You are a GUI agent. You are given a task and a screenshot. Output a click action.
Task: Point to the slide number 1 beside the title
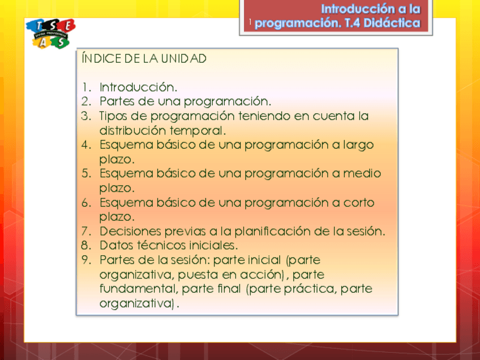point(250,22)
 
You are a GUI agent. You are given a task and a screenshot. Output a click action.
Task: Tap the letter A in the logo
point(42,42)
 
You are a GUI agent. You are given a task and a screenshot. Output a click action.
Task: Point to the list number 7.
point(86,232)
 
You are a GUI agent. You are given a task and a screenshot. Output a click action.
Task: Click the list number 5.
point(86,174)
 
